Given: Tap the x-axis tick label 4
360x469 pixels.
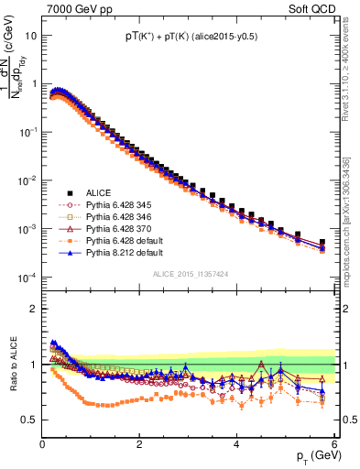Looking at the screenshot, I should click(x=237, y=444).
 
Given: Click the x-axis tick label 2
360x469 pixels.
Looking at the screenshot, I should click(x=139, y=444).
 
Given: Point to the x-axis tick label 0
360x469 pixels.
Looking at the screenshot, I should click(x=42, y=444).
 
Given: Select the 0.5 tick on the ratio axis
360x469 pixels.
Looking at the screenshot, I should click(x=28, y=420).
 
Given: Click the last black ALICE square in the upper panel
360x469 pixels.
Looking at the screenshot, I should click(x=322, y=243).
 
